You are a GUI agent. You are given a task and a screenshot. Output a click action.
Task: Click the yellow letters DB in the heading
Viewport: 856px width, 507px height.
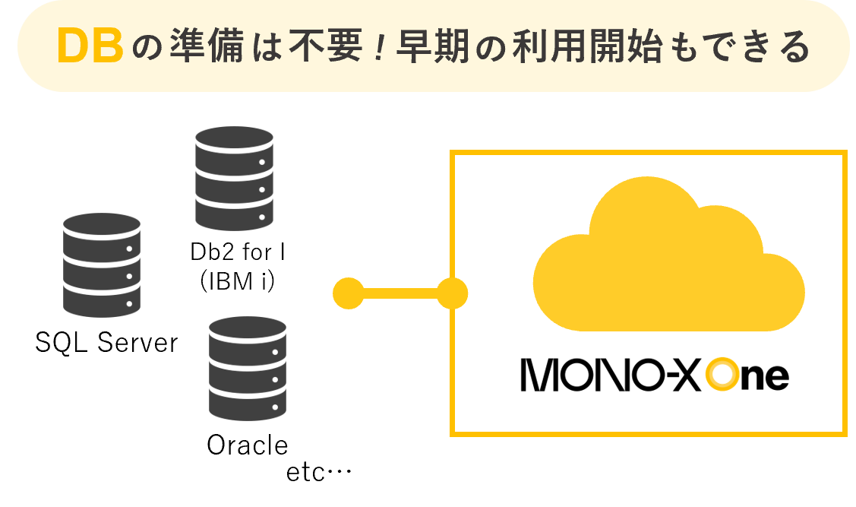[x=90, y=47]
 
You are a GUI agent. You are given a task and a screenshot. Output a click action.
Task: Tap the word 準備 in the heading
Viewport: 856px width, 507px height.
[x=189, y=48]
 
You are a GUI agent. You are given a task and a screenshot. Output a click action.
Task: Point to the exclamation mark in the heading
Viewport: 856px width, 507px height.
[x=377, y=48]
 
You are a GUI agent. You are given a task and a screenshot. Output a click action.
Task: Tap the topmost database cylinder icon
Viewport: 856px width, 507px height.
[x=234, y=178]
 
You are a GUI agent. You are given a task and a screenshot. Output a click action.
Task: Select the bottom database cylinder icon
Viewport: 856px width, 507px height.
[x=248, y=368]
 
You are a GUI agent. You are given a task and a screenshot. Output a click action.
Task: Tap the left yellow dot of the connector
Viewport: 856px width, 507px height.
[x=349, y=293]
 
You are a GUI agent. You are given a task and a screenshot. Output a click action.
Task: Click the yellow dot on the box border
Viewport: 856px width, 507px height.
[x=452, y=293]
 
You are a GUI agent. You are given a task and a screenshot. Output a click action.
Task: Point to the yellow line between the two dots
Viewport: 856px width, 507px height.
[x=400, y=293]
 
